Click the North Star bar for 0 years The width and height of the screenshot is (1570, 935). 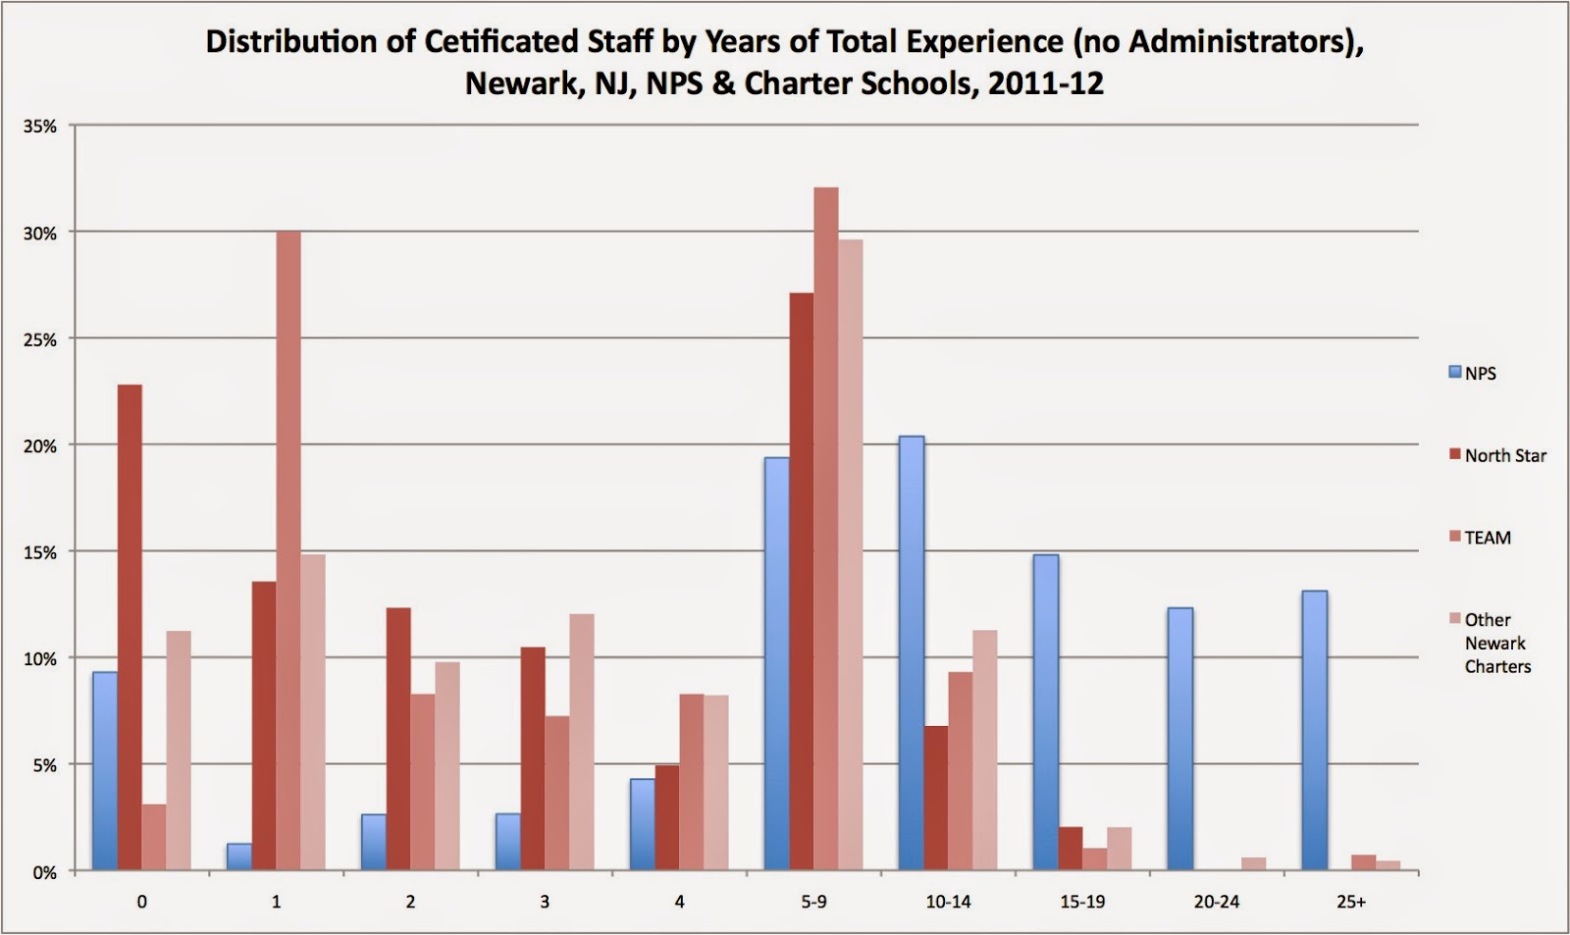(x=130, y=628)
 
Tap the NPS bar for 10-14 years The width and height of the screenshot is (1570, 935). (x=912, y=653)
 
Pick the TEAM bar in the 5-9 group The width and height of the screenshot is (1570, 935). (x=826, y=530)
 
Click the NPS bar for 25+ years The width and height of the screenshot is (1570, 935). (x=1314, y=731)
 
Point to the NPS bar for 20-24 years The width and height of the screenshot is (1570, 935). (x=1180, y=740)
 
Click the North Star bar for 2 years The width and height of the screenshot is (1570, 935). (x=398, y=740)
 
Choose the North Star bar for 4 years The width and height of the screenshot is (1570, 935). (x=667, y=818)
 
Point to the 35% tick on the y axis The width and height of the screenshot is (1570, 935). (x=40, y=127)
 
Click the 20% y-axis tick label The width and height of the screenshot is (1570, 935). (x=40, y=445)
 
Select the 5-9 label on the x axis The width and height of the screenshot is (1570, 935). (x=813, y=902)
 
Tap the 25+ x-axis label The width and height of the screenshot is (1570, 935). (x=1351, y=902)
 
